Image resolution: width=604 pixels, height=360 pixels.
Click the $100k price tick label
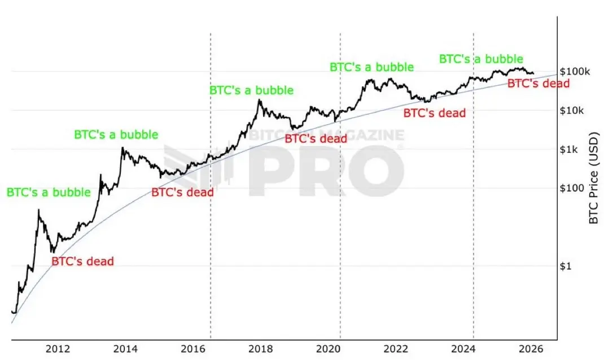coord(574,72)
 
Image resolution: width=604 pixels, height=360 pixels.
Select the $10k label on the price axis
coord(572,111)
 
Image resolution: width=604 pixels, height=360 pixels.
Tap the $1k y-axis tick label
coord(569,150)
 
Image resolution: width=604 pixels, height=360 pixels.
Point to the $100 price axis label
coord(571,188)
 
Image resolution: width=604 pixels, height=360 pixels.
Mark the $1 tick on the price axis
coord(566,266)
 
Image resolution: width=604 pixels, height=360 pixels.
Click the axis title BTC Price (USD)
coord(593,178)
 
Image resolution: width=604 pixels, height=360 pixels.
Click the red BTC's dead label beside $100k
coord(538,84)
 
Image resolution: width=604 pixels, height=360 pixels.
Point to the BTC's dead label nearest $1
coord(82,261)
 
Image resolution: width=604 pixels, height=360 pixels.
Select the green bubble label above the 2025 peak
coord(481,59)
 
